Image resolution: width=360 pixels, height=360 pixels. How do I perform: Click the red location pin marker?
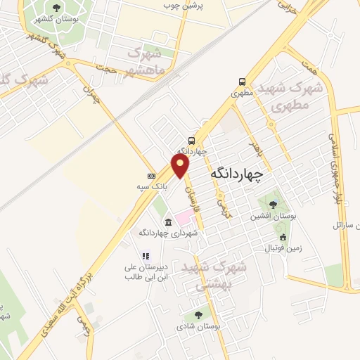pos(181,165)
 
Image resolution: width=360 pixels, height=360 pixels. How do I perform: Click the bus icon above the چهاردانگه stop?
pos(192,140)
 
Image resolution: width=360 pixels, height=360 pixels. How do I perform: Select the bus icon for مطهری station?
pos(242,81)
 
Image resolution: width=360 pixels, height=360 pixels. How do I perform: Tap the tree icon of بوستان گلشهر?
pos(56,8)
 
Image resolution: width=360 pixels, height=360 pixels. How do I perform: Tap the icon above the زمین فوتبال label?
pos(283,237)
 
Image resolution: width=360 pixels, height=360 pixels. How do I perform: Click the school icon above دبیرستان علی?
pos(146,257)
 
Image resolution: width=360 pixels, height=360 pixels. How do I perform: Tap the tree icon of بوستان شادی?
pos(200,315)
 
